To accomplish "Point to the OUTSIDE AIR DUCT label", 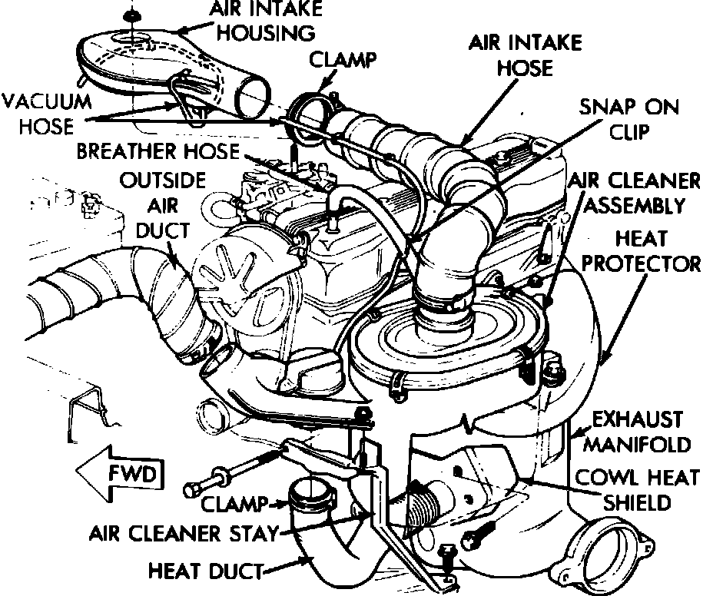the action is (163, 206).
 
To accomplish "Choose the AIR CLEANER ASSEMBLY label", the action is (634, 193).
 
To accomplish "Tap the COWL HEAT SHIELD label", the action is (640, 489).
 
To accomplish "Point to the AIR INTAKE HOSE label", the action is (526, 55).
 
